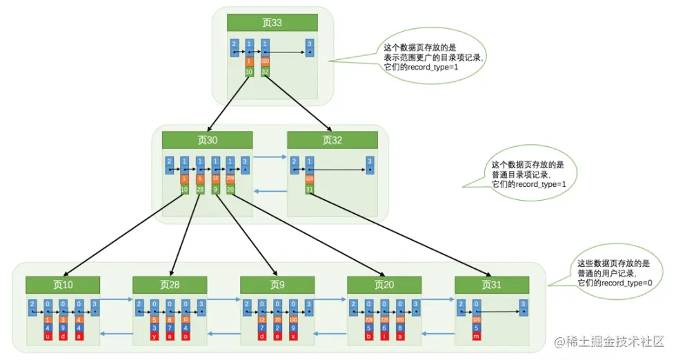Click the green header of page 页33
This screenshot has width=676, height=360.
pos(272,23)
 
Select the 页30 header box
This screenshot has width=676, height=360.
pos(208,140)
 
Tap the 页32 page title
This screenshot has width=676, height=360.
pos(332,140)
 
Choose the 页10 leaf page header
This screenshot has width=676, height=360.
pos(63,284)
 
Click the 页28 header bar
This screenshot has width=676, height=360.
pos(170,284)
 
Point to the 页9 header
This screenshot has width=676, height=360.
pos(277,284)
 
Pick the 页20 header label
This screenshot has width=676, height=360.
pos(384,284)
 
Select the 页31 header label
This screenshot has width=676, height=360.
pos(491,284)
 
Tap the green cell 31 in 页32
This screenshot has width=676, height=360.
pos(309,190)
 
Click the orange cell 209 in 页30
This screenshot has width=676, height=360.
pos(230,179)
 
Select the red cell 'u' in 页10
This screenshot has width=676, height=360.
pos(48,336)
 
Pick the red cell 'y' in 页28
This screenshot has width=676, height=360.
pos(155,336)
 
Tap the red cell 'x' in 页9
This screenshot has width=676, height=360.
pos(293,336)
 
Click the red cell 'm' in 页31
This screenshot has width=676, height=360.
pos(476,336)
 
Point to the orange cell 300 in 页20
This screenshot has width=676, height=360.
pos(400,319)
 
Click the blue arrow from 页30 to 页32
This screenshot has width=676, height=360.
pos(269,158)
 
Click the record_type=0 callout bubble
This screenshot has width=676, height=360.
pos(613,274)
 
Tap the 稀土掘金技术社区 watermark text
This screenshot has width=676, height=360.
pos(614,342)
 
